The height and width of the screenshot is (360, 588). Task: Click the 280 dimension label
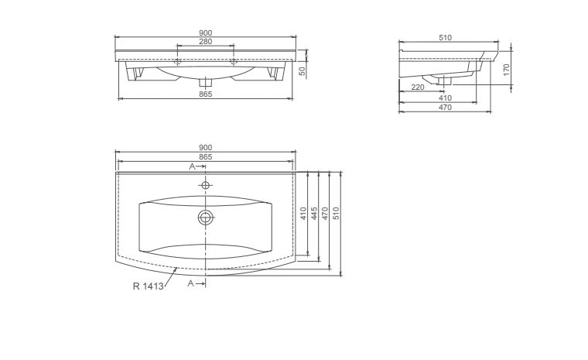[x=206, y=41]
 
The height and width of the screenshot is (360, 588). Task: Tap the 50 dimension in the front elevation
[x=303, y=70]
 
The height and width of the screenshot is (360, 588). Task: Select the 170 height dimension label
[x=507, y=70]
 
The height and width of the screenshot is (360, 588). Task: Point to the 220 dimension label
[x=418, y=87]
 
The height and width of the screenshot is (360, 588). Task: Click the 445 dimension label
[x=314, y=214]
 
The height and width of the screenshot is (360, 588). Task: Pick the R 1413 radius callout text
[x=148, y=286]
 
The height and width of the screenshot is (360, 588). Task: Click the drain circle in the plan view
[x=206, y=218]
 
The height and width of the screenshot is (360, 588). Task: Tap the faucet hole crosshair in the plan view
[x=206, y=185]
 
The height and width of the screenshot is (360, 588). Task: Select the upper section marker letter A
[x=192, y=166]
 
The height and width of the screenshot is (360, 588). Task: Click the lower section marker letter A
[x=191, y=283]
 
